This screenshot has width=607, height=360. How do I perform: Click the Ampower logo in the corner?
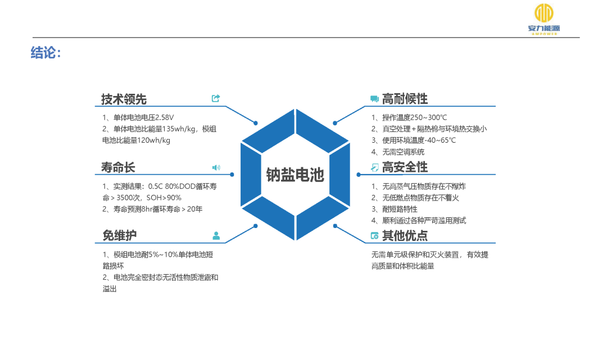[543, 19]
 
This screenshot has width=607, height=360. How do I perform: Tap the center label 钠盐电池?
[295, 175]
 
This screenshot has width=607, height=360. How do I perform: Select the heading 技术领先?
[124, 99]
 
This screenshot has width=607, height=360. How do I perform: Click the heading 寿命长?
[118, 167]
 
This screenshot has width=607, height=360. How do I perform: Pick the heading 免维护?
[119, 235]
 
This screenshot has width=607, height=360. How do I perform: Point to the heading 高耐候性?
[405, 99]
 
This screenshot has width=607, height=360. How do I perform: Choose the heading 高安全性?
[405, 167]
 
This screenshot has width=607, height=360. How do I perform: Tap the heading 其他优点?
[405, 235]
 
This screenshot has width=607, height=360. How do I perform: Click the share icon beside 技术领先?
[216, 98]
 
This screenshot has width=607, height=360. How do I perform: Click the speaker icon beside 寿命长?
[216, 167]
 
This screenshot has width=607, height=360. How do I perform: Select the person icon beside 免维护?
[216, 235]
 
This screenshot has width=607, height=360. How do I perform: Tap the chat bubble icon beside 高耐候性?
[374, 99]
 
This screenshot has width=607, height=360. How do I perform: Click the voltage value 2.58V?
[165, 117]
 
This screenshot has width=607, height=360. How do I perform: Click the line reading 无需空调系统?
[404, 152]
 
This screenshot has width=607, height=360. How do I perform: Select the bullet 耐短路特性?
[400, 209]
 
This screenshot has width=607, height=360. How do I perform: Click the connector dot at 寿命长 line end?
[232, 175]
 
